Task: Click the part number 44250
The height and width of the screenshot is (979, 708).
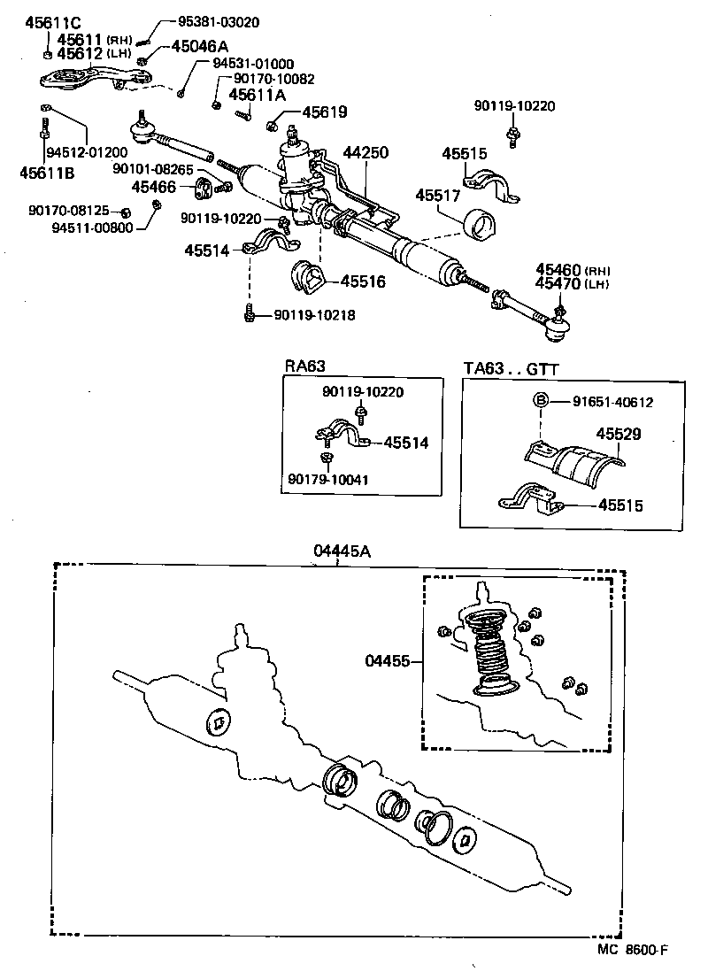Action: (366, 153)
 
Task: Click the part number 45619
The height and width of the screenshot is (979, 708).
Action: (324, 112)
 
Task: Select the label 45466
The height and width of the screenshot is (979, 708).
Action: (155, 187)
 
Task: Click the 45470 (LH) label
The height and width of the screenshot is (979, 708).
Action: (573, 284)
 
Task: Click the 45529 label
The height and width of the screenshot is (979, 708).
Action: (619, 435)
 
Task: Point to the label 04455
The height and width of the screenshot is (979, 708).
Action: (387, 659)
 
